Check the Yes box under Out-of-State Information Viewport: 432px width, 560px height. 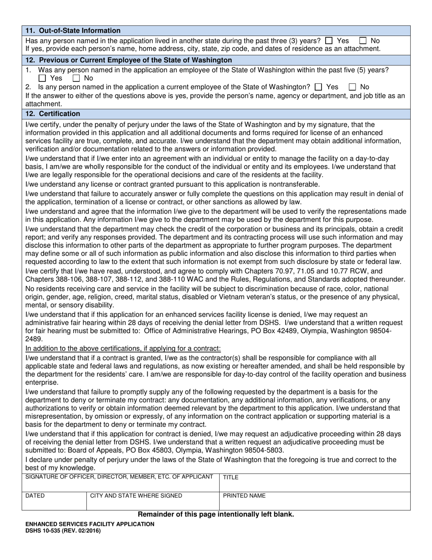[329, 41]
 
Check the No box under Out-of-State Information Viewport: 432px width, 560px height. [363, 41]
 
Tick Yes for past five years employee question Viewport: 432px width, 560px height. [42, 78]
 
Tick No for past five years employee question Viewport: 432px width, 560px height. [76, 78]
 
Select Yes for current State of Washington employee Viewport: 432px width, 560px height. [318, 87]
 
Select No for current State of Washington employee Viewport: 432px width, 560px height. [352, 87]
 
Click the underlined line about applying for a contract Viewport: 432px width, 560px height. [123, 349]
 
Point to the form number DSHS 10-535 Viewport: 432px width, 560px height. [63, 531]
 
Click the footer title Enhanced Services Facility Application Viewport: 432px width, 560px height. [90, 524]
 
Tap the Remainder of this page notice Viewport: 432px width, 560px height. [216, 514]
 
